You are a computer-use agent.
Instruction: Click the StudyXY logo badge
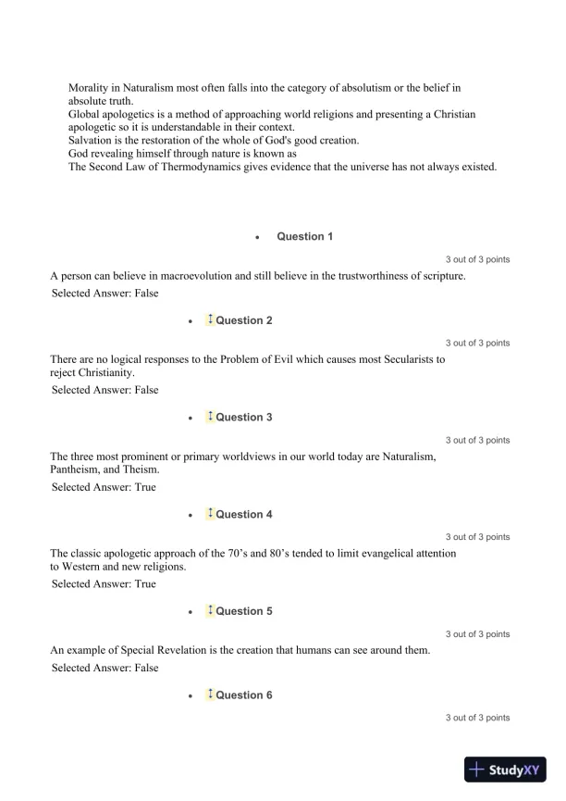click(507, 769)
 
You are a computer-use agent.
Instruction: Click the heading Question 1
click(305, 237)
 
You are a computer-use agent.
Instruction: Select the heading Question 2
click(244, 320)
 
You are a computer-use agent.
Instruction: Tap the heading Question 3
click(244, 418)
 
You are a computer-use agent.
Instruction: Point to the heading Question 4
click(244, 515)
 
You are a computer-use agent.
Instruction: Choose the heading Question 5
click(244, 611)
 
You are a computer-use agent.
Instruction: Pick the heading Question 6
click(244, 695)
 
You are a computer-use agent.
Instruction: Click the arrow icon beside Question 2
click(210, 319)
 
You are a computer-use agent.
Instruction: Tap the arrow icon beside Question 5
click(210, 610)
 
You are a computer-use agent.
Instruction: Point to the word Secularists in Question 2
click(404, 358)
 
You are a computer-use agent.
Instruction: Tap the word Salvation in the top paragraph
click(91, 140)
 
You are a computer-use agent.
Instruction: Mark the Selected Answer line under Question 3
click(105, 487)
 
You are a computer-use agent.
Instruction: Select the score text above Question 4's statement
click(477, 537)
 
